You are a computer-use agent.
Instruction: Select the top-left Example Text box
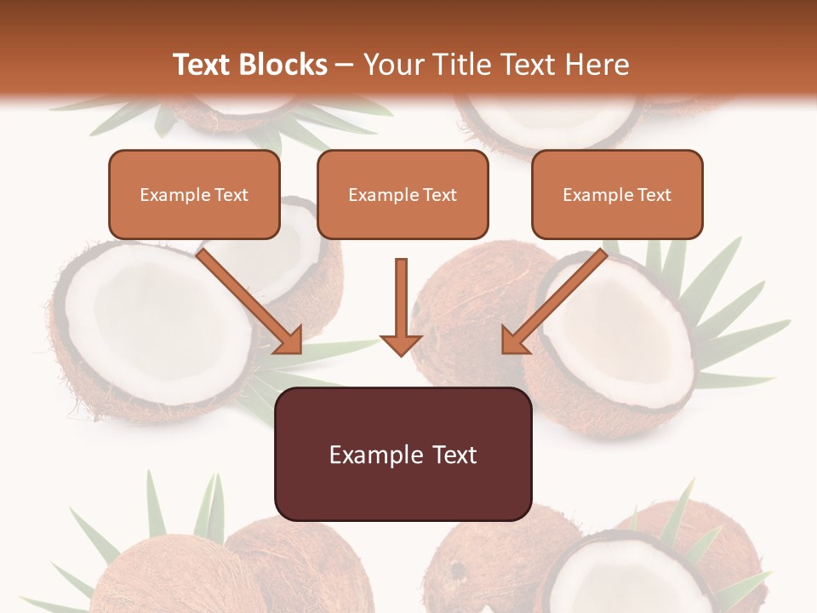194,195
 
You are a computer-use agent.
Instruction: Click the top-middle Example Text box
403,195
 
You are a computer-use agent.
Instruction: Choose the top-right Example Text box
617,195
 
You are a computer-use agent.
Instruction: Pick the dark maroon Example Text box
403,454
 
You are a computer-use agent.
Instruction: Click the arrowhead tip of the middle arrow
401,352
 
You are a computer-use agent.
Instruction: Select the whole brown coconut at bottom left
162,579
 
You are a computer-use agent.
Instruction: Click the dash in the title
345,65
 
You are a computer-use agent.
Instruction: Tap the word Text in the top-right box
654,195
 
